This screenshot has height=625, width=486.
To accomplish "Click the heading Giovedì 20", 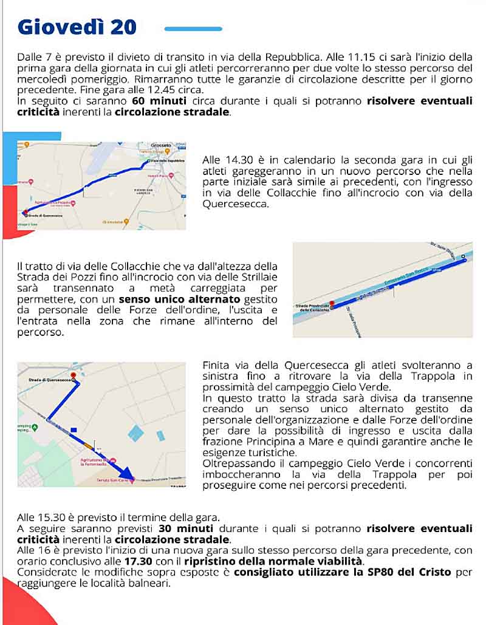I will coord(77,27).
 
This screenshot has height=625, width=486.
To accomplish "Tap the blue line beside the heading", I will coord(193,29).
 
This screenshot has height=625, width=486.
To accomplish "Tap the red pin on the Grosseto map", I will coord(24,213).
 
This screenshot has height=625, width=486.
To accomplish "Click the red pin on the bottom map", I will coord(73,375).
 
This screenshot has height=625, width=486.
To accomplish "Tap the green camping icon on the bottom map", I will coord(35,427).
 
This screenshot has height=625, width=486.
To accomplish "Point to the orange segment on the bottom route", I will coord(89,446).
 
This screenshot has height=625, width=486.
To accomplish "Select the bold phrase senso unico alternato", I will coord(180,299).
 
